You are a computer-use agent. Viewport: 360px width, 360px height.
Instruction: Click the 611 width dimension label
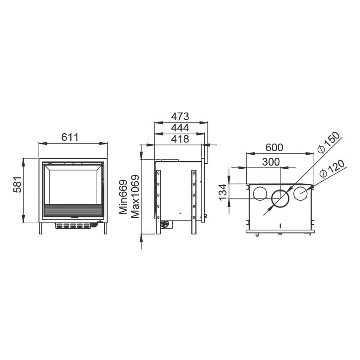click(70, 137)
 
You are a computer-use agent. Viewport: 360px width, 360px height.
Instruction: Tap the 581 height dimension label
click(17, 184)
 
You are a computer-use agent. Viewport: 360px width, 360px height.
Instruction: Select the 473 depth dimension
click(180, 117)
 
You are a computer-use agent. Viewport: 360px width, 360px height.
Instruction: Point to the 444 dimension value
click(180, 128)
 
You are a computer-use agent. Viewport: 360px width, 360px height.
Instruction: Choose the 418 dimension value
click(180, 139)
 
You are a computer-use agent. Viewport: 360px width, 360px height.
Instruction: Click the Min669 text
click(123, 197)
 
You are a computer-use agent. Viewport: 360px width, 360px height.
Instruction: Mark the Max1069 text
click(135, 196)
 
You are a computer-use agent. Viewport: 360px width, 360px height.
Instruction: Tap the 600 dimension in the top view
click(274, 148)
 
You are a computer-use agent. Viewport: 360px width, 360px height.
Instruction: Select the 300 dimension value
click(271, 162)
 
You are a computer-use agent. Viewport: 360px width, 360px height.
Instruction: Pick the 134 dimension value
click(222, 192)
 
